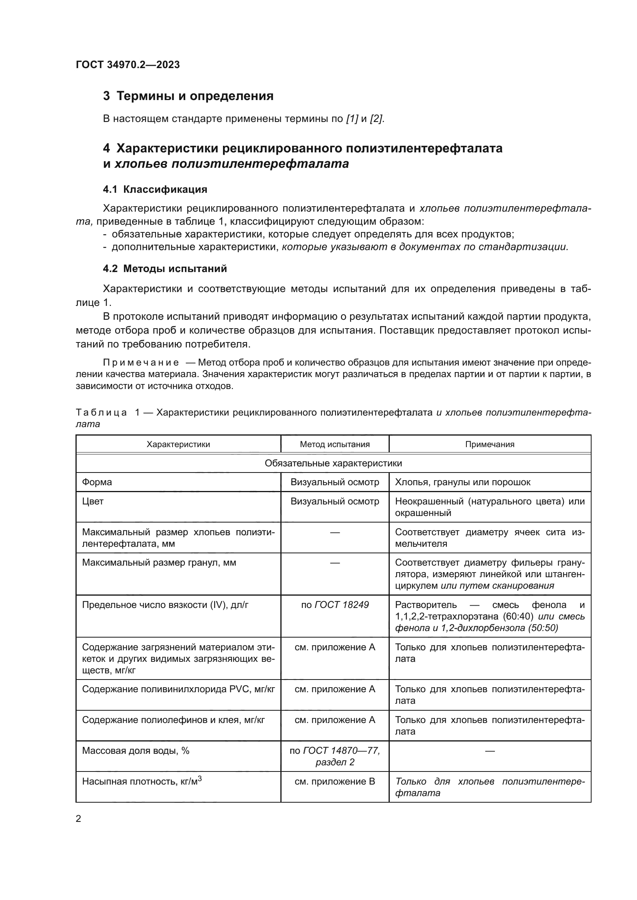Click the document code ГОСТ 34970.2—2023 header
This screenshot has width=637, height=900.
[x=128, y=65]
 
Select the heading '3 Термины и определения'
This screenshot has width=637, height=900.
[x=188, y=96]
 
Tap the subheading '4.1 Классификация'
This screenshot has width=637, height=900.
[x=155, y=190]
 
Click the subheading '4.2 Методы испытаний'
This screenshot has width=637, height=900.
[x=165, y=269]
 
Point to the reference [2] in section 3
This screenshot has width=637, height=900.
[x=377, y=119]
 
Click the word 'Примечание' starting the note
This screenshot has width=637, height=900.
[x=141, y=362]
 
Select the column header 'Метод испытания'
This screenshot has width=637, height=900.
[x=335, y=444]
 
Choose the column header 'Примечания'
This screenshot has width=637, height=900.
[x=489, y=444]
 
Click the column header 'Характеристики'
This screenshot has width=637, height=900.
[x=178, y=444]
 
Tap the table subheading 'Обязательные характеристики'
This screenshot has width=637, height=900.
[x=333, y=463]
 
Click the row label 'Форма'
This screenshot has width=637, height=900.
[x=97, y=482]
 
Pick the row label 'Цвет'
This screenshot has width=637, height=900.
[x=93, y=501]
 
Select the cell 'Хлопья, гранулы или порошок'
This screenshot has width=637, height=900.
[x=463, y=482]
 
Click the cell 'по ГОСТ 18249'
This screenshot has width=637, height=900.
[x=335, y=605]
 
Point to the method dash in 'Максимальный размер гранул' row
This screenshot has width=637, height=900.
[x=335, y=563]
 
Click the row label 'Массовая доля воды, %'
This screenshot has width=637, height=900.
[x=136, y=751]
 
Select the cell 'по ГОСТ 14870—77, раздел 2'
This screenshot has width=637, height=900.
[x=335, y=756]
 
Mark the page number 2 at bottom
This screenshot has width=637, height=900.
[x=79, y=827]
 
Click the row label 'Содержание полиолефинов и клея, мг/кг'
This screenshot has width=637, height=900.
[x=173, y=720]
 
